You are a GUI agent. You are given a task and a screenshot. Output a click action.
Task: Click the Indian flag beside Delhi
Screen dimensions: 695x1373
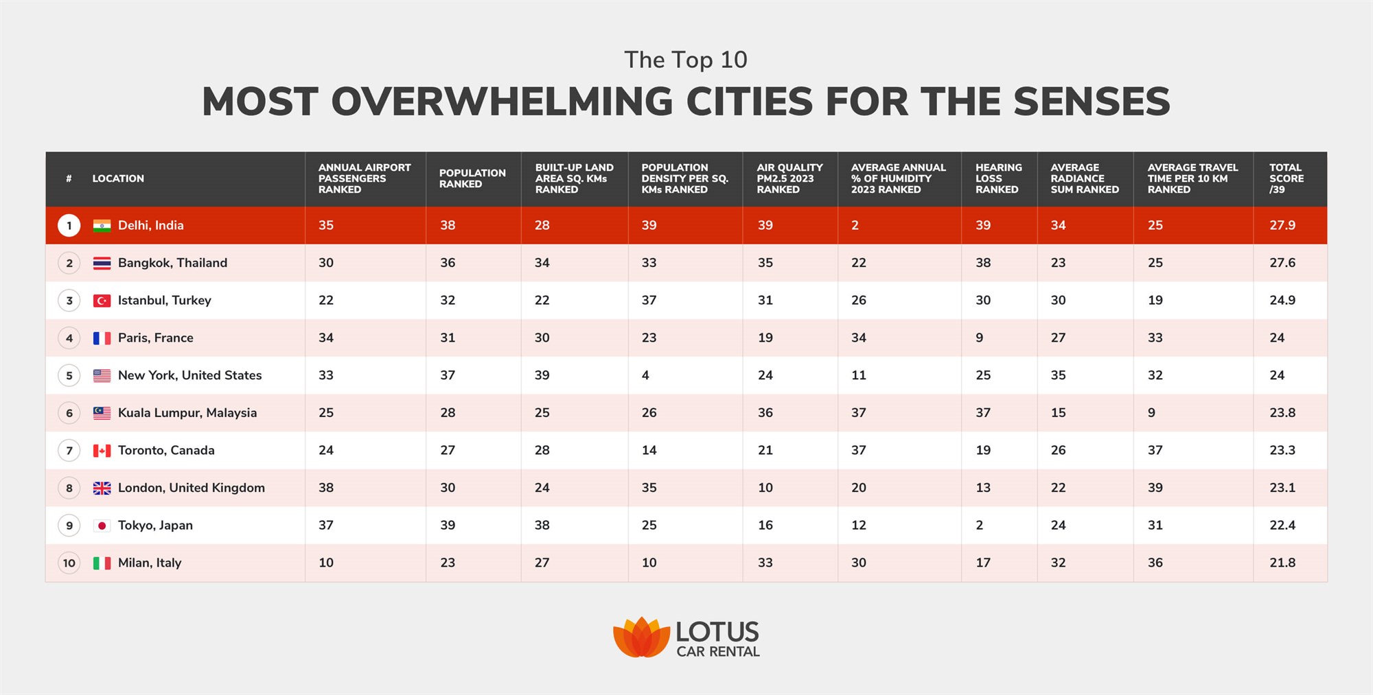click(102, 226)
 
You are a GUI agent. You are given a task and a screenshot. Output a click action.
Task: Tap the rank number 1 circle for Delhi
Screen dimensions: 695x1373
click(69, 226)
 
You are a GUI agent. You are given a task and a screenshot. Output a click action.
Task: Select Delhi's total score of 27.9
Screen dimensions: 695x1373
click(1282, 226)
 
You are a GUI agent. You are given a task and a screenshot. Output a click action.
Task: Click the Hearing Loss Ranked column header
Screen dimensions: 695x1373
click(998, 178)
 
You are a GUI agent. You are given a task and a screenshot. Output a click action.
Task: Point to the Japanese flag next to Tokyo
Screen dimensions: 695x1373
click(102, 526)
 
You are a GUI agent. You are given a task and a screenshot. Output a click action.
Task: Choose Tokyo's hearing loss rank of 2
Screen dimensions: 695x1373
click(979, 526)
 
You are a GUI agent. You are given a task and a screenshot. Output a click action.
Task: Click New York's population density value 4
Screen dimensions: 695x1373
click(645, 375)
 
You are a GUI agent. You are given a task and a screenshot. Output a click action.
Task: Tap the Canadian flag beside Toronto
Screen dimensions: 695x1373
click(102, 451)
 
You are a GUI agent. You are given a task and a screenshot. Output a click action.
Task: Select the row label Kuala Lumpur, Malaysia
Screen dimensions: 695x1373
click(187, 413)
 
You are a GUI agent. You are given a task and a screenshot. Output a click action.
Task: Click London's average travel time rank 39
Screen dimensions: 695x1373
click(1155, 488)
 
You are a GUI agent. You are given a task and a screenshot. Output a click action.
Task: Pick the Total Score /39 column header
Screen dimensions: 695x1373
click(1286, 178)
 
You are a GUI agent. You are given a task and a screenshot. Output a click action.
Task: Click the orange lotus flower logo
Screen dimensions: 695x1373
click(641, 637)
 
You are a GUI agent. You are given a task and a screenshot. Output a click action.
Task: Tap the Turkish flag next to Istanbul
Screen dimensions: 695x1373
click(102, 301)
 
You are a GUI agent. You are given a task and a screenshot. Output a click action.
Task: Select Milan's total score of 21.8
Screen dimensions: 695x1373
click(1282, 563)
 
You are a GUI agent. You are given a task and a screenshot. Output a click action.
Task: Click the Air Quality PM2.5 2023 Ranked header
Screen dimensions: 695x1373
click(789, 178)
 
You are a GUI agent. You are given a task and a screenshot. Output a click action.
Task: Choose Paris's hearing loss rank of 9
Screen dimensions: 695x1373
click(979, 338)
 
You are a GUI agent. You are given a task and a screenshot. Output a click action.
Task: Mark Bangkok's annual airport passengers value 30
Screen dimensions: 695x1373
click(325, 263)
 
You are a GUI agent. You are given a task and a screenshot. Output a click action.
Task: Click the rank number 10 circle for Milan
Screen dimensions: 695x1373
click(69, 563)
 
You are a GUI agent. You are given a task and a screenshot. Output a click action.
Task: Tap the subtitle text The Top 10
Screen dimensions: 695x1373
click(685, 60)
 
